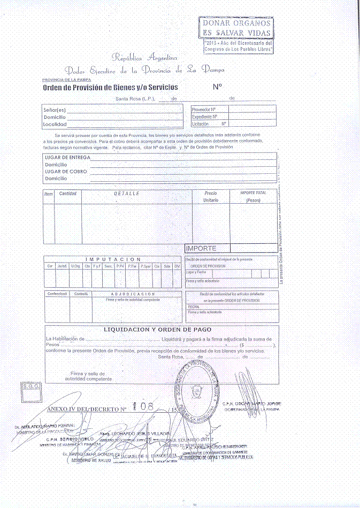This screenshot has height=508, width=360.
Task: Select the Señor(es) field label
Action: (55, 109)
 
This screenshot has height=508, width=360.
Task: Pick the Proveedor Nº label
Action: (203, 109)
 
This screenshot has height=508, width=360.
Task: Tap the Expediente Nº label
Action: (205, 116)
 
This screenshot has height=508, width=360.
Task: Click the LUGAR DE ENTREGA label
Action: (67, 158)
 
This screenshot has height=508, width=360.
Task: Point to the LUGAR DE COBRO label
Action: (66, 172)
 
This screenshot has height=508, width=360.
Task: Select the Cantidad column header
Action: (68, 193)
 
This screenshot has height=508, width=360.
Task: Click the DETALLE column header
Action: (127, 193)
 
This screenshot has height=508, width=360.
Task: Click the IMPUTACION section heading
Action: (113, 259)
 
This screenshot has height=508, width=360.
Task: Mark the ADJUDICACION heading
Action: (133, 294)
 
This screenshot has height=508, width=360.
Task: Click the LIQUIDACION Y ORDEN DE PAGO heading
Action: (157, 330)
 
